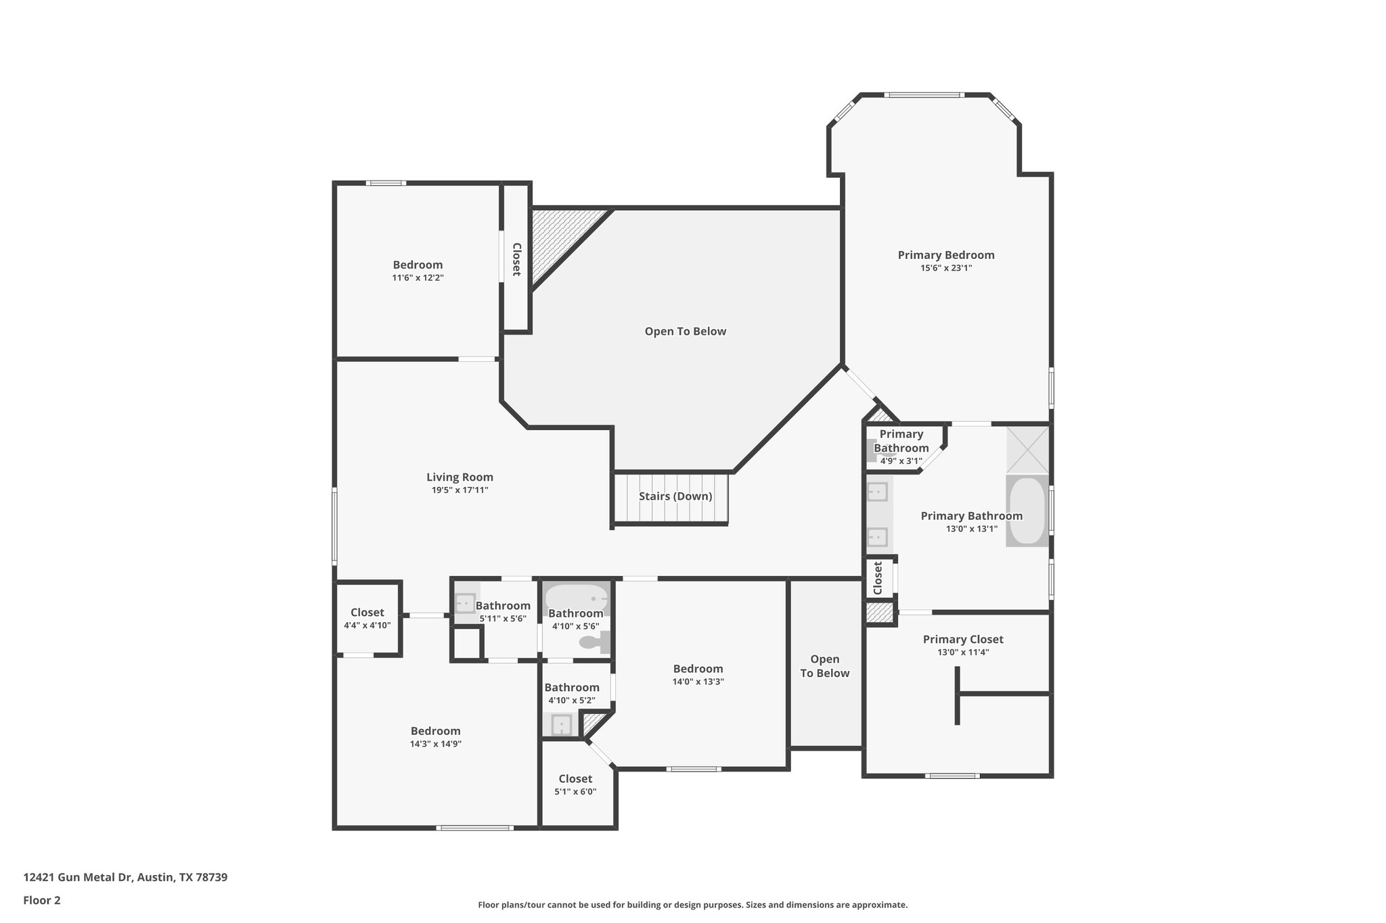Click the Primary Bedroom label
pyautogui.click(x=945, y=255)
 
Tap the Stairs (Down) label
pyautogui.click(x=675, y=496)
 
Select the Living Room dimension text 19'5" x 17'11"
pyautogui.click(x=460, y=490)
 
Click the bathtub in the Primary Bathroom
pyautogui.click(x=1027, y=511)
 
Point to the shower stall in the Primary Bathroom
pyautogui.click(x=1027, y=449)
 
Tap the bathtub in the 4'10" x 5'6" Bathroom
pyautogui.click(x=577, y=597)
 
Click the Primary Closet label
pyautogui.click(x=962, y=639)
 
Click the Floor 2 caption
pyautogui.click(x=42, y=900)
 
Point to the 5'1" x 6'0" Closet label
pyautogui.click(x=575, y=779)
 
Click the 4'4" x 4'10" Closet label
pyautogui.click(x=367, y=613)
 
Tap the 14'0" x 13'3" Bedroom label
pyautogui.click(x=698, y=669)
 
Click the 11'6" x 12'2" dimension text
pyautogui.click(x=418, y=278)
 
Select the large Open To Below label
pyautogui.click(x=685, y=331)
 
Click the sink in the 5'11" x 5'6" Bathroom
pyautogui.click(x=465, y=602)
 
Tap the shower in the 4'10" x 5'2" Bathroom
pyautogui.click(x=561, y=725)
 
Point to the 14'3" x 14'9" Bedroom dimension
pyautogui.click(x=435, y=744)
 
